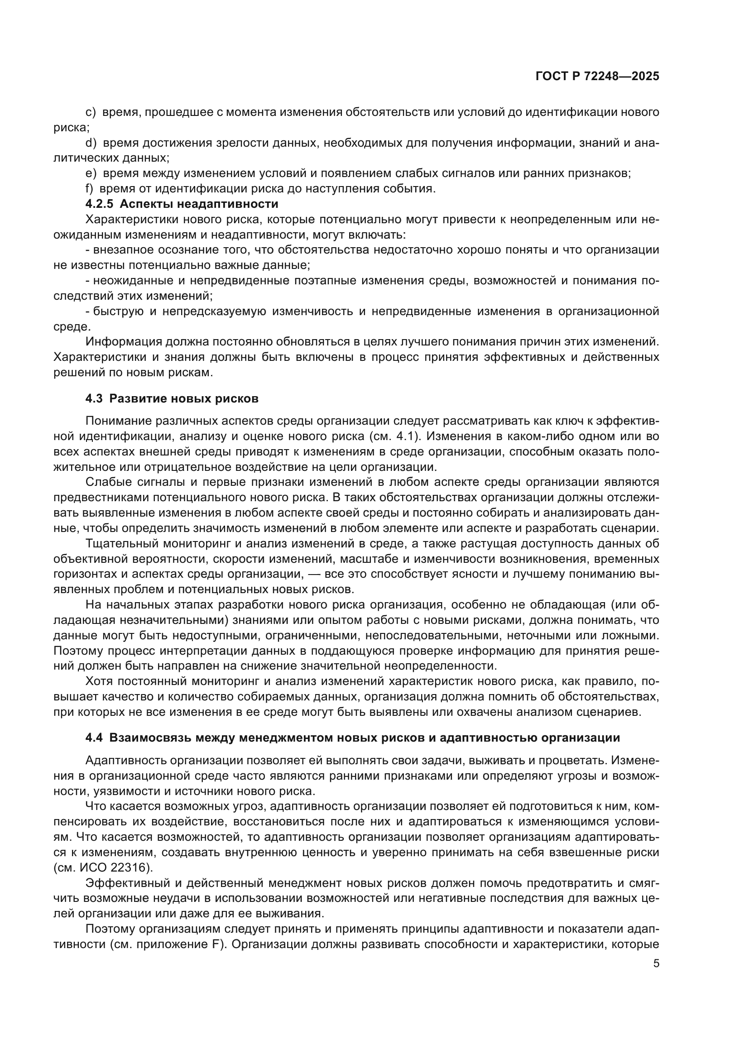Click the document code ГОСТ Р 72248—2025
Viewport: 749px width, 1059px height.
pyautogui.click(x=597, y=77)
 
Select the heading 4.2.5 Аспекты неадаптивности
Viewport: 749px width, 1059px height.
pyautogui.click(x=182, y=204)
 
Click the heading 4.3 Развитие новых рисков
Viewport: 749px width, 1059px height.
pyautogui.click(x=172, y=398)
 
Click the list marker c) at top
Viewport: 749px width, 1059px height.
pyautogui.click(x=91, y=112)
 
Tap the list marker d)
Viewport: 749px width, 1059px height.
pyautogui.click(x=91, y=143)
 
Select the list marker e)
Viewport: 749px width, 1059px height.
pyautogui.click(x=91, y=173)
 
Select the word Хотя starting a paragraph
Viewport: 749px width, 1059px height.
pyautogui.click(x=99, y=681)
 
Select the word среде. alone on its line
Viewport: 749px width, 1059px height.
pyautogui.click(x=72, y=326)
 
